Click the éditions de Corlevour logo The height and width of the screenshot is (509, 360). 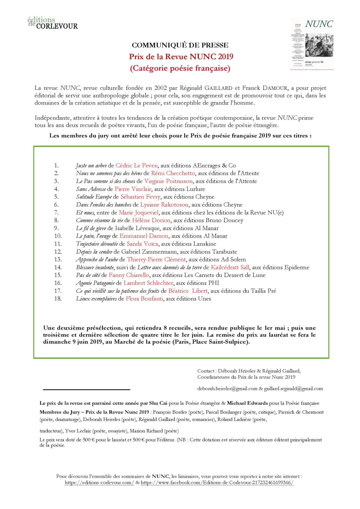click(x=53, y=23)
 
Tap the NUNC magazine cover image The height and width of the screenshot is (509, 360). click(x=312, y=44)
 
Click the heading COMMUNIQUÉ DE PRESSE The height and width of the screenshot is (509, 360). click(x=180, y=45)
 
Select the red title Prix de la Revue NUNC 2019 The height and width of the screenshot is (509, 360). click(x=181, y=57)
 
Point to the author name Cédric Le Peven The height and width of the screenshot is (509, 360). click(x=136, y=165)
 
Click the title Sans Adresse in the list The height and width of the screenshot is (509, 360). click(x=91, y=189)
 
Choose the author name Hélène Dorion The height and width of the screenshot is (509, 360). click(x=151, y=220)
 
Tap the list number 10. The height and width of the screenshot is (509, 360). click(x=58, y=236)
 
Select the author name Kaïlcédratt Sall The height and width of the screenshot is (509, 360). click(x=230, y=267)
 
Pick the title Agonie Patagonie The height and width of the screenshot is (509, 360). click(x=95, y=283)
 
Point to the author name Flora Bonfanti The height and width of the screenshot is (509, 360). click(x=144, y=298)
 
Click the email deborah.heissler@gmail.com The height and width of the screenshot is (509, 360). click(x=227, y=388)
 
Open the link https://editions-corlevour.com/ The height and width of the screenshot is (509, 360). click(x=99, y=482)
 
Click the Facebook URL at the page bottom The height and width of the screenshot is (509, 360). click(x=217, y=482)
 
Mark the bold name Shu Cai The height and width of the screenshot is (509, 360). click(x=158, y=403)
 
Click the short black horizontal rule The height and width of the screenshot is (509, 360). click(x=87, y=389)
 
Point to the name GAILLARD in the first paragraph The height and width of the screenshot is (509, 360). click(x=218, y=88)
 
